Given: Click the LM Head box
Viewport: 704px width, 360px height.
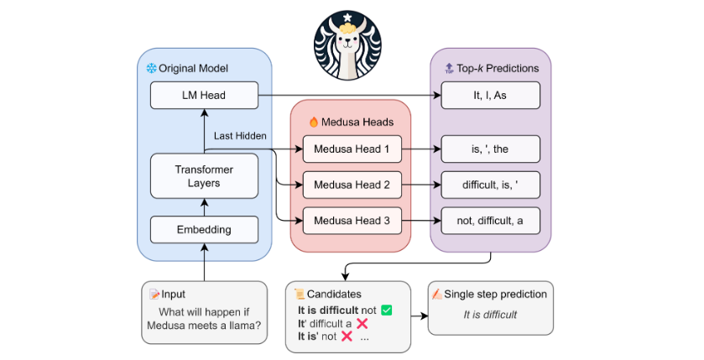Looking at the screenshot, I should [204, 95].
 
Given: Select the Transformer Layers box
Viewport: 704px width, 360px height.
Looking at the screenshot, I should [204, 176].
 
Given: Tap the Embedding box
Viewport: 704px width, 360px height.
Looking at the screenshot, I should [204, 229].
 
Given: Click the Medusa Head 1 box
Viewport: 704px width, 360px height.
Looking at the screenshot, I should [351, 149].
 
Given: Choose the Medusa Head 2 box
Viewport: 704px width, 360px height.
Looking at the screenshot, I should [351, 185].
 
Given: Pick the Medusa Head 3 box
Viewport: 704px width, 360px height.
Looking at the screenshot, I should [351, 221].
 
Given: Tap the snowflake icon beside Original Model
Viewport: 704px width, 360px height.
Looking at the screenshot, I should [152, 67].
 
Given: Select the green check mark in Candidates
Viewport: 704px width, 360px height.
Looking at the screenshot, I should [386, 310].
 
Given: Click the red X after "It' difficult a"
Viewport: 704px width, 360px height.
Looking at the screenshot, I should [362, 324].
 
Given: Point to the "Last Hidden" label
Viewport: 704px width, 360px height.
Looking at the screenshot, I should [240, 135].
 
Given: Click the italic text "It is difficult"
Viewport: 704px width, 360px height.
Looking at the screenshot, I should [490, 316].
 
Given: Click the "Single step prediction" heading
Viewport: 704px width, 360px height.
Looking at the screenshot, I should [496, 295].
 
